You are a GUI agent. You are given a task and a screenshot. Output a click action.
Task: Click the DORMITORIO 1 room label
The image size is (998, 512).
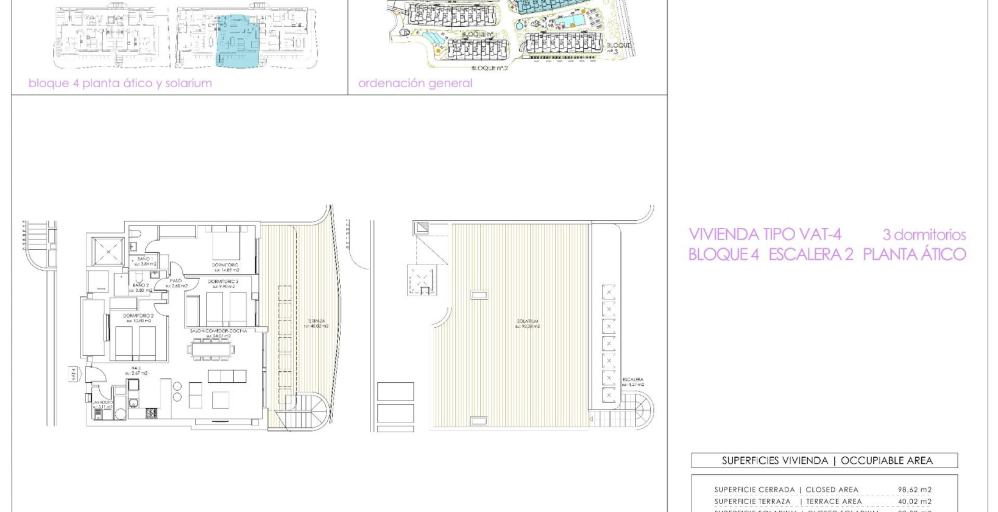(x=225, y=265)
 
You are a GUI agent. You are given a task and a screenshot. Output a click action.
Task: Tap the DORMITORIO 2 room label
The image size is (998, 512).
(x=138, y=316)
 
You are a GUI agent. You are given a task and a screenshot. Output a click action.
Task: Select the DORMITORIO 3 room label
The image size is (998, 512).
(x=224, y=282)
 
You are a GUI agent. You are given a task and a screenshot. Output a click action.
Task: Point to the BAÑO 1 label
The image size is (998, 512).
(x=144, y=259)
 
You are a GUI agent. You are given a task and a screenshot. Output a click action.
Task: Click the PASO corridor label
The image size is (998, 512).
(x=176, y=281)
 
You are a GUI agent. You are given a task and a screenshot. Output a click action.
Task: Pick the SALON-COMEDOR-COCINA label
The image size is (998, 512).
(x=218, y=331)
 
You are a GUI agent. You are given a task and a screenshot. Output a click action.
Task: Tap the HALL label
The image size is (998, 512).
(x=136, y=368)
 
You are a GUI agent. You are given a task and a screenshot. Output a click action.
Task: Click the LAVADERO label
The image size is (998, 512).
(x=102, y=403)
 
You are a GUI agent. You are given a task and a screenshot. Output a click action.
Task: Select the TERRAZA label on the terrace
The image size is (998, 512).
(x=316, y=321)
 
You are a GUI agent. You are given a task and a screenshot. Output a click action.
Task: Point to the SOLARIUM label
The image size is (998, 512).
(x=528, y=321)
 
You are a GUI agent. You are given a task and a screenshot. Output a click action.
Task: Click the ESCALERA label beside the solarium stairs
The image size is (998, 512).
(x=632, y=380)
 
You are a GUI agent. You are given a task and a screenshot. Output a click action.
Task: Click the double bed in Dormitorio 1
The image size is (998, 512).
(x=225, y=244)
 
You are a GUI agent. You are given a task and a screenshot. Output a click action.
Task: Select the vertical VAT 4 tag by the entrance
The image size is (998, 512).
(x=74, y=374)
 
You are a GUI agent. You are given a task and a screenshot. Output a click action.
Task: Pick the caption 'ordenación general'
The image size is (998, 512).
(x=415, y=84)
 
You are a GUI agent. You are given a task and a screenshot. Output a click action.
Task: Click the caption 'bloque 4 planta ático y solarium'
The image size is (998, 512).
(x=120, y=84)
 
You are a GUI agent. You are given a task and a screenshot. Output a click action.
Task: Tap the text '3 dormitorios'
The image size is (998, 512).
(x=924, y=235)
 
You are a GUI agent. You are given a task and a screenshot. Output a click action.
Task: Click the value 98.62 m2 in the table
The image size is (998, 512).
(x=914, y=489)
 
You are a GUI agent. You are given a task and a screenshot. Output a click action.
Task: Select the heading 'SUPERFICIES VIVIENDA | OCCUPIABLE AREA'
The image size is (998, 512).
(x=827, y=461)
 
